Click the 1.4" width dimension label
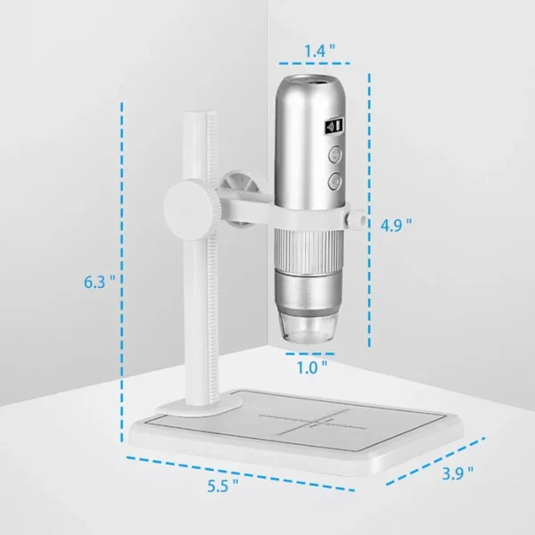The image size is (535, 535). (312, 51)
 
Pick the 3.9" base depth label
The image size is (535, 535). (457, 473)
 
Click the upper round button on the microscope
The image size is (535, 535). (334, 154)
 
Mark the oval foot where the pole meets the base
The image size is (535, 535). (197, 406)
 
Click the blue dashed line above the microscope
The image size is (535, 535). (312, 65)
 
